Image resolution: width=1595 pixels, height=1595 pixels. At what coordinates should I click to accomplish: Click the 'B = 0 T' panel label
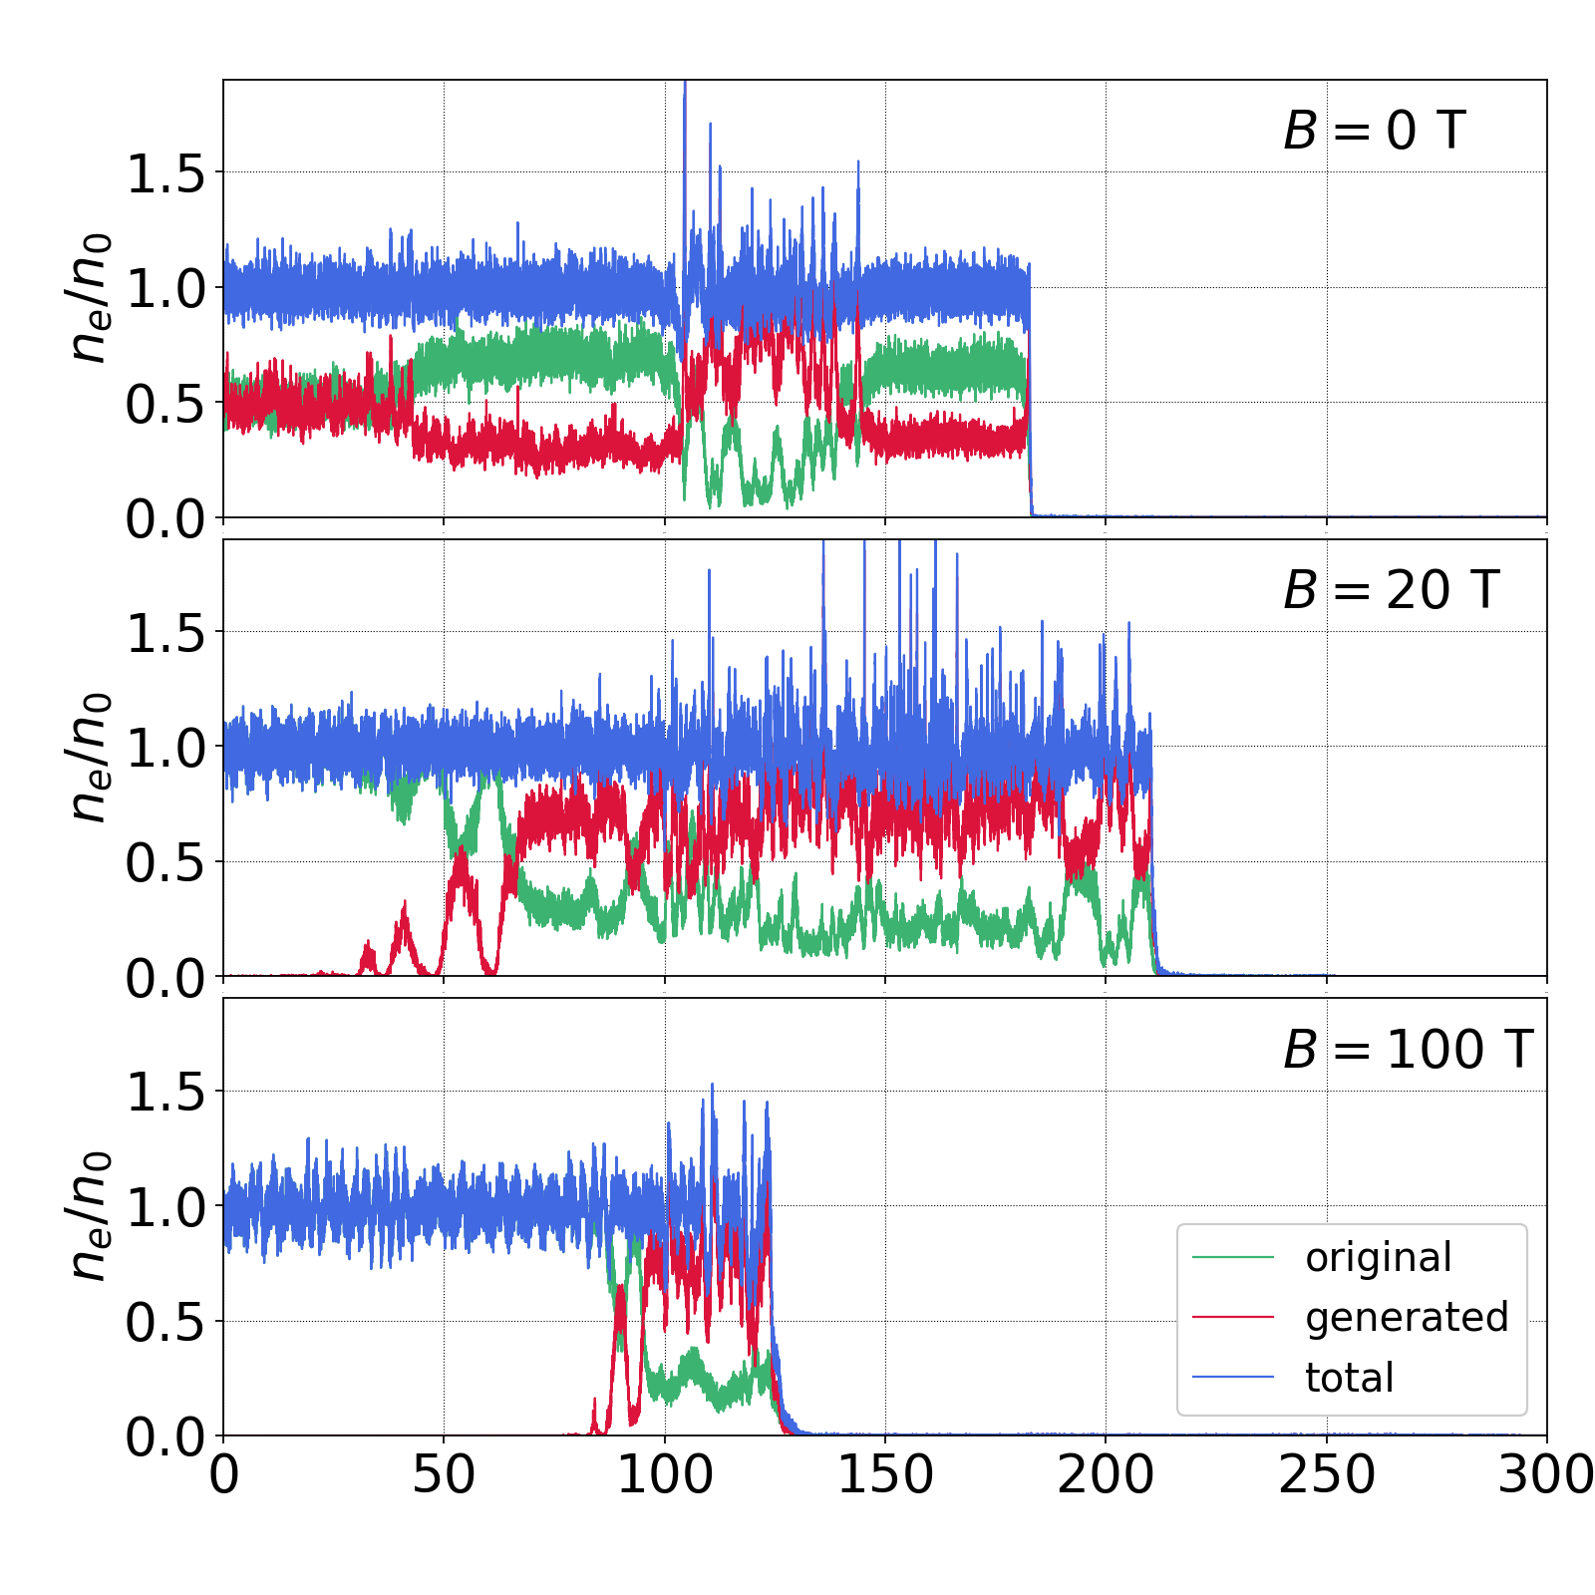coord(1374,131)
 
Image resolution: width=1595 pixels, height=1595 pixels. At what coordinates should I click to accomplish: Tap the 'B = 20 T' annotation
coord(1391,590)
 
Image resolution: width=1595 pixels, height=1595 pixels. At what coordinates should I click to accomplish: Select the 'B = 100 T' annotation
coord(1408,1050)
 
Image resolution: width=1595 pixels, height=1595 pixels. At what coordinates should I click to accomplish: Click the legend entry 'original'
coord(1379,1258)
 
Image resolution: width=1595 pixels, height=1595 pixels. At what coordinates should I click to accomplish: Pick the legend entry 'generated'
coord(1407,1318)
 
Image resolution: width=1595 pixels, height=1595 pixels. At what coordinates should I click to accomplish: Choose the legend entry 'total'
coord(1349,1378)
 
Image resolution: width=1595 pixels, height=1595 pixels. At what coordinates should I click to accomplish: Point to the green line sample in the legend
coord(1233,1258)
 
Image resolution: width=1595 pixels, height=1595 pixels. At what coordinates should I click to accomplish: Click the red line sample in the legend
coord(1233,1318)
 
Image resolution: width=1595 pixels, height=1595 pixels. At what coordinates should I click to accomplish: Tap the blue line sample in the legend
coord(1233,1378)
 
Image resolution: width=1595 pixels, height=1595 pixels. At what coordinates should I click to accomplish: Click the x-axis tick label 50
coord(444,1474)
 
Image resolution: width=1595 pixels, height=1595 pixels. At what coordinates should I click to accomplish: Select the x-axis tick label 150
coord(885,1474)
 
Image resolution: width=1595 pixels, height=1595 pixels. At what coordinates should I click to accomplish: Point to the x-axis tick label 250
coord(1326,1474)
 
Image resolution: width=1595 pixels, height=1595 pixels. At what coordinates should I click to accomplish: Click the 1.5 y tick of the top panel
coord(165,173)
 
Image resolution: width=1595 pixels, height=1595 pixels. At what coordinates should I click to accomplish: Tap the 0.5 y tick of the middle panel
coord(165,863)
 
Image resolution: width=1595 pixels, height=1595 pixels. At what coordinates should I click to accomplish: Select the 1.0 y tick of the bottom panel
coord(165,1207)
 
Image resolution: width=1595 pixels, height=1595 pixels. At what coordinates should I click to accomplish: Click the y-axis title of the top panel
coord(88,297)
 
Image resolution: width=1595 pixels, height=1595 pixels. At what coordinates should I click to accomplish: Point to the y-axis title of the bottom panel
coord(88,1216)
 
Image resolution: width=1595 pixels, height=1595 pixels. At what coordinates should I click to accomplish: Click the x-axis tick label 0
coord(224,1474)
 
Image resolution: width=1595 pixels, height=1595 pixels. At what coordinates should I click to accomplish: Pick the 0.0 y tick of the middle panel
coord(165,978)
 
